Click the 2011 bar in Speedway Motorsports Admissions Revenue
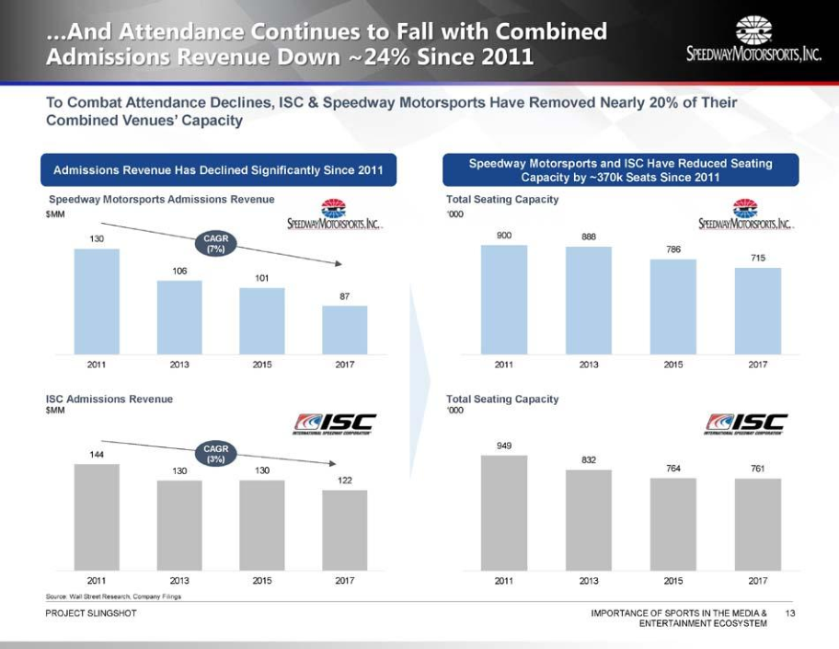click(97, 301)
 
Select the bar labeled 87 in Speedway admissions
click(345, 330)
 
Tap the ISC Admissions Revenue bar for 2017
click(345, 529)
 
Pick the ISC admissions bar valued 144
click(97, 516)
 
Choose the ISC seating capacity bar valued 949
click(504, 512)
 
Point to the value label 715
click(758, 259)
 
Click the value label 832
click(589, 460)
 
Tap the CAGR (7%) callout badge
click(216, 244)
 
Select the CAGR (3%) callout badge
click(216, 454)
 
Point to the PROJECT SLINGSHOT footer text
click(91, 612)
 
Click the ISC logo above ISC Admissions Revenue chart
click(335, 423)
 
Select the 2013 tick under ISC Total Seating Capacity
click(589, 581)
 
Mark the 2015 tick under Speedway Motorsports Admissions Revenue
click(262, 365)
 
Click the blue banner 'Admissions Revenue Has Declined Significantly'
click(219, 169)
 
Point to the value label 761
click(758, 469)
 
